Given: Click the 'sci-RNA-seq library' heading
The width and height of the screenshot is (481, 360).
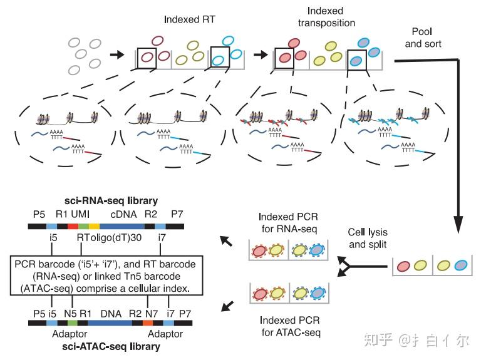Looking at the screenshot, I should pos(110,201).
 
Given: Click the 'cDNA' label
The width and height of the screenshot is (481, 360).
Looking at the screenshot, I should pos(122,213).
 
